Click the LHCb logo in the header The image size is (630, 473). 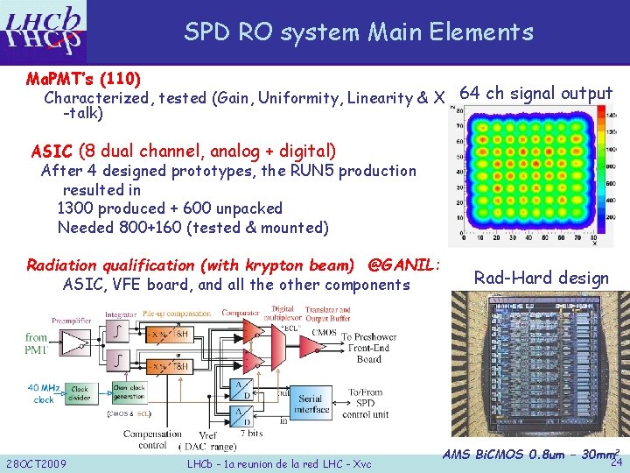click(x=45, y=30)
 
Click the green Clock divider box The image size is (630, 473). click(x=80, y=393)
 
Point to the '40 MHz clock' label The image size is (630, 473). click(x=44, y=393)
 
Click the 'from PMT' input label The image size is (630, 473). click(x=37, y=342)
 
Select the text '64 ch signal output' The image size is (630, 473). click(x=535, y=94)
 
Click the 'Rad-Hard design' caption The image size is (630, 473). click(x=541, y=279)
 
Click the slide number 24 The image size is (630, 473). click(x=615, y=462)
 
